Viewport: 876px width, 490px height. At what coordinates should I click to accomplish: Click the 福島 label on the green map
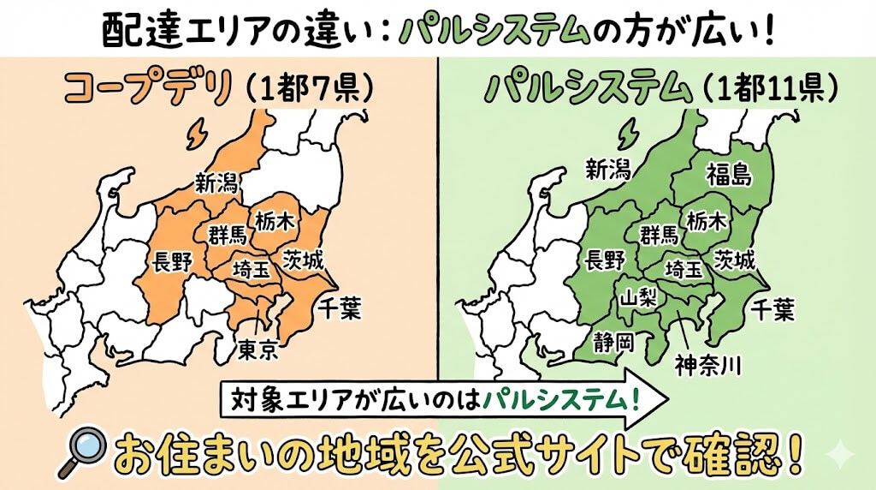[x=729, y=175]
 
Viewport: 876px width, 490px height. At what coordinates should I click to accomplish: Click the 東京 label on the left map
[x=257, y=350]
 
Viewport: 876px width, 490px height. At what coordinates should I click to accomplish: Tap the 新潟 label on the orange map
[x=216, y=181]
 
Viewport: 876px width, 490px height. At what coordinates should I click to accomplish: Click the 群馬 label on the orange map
[x=228, y=234]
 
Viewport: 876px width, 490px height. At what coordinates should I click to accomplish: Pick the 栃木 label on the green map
[x=708, y=221]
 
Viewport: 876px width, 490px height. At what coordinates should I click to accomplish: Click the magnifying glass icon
[x=82, y=455]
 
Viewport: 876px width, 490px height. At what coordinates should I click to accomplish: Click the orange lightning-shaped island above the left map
[x=197, y=132]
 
